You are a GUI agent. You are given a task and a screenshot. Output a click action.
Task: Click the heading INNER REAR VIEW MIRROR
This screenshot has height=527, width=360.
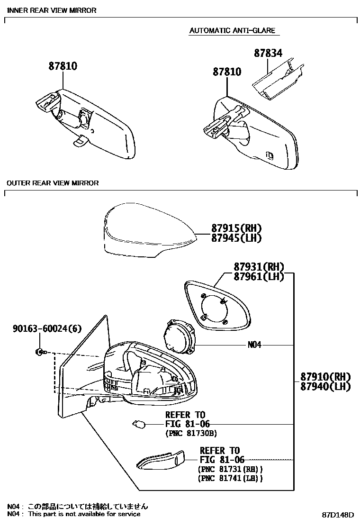click(x=52, y=10)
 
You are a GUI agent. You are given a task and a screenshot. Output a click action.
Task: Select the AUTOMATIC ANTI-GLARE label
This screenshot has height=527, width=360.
click(x=232, y=31)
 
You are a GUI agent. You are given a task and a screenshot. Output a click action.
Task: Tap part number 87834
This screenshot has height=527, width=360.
click(x=268, y=53)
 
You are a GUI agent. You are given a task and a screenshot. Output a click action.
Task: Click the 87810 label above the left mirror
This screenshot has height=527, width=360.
click(x=63, y=66)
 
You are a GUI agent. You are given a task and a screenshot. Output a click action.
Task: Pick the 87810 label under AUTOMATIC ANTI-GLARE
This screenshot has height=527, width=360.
click(x=226, y=72)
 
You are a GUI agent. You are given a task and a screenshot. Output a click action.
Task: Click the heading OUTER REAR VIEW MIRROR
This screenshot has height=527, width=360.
click(x=53, y=183)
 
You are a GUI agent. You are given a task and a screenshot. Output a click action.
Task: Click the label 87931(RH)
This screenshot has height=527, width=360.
click(x=258, y=267)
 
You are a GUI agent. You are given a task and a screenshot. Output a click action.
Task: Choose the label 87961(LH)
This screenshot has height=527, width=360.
click(x=258, y=277)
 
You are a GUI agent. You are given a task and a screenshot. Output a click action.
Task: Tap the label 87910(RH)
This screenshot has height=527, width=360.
click(x=325, y=377)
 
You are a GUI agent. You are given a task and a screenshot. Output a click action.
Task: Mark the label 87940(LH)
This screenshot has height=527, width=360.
click(x=325, y=387)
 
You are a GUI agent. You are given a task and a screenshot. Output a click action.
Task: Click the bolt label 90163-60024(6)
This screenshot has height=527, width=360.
click(x=41, y=327)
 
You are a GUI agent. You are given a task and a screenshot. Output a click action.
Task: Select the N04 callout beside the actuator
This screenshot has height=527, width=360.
click(x=254, y=345)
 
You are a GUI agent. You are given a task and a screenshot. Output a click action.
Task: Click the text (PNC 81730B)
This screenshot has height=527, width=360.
click(x=191, y=433)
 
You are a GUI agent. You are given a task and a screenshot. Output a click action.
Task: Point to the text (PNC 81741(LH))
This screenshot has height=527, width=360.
click(x=230, y=478)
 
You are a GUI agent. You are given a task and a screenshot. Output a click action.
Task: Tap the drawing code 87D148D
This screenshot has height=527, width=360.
click(x=338, y=515)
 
